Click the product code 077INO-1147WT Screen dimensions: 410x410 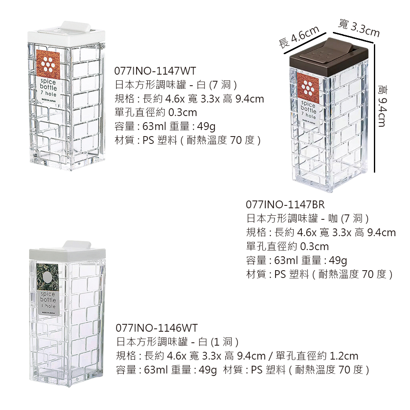pos(155,71)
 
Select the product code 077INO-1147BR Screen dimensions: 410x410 pos(285,205)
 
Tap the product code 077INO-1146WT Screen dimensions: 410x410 pos(157,328)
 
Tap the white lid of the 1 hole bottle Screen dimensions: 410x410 pos(68,252)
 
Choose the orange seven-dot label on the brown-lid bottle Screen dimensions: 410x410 pos(308,86)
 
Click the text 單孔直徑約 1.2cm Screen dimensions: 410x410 pos(317,356)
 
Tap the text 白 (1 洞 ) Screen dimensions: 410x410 pos(219,342)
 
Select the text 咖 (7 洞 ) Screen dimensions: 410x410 pos(348,219)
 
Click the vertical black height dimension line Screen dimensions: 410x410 pos(375,108)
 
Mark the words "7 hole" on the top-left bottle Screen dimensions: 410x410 pos(48,93)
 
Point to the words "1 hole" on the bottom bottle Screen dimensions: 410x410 pos(49,306)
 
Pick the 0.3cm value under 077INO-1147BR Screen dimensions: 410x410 pos(314,246)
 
